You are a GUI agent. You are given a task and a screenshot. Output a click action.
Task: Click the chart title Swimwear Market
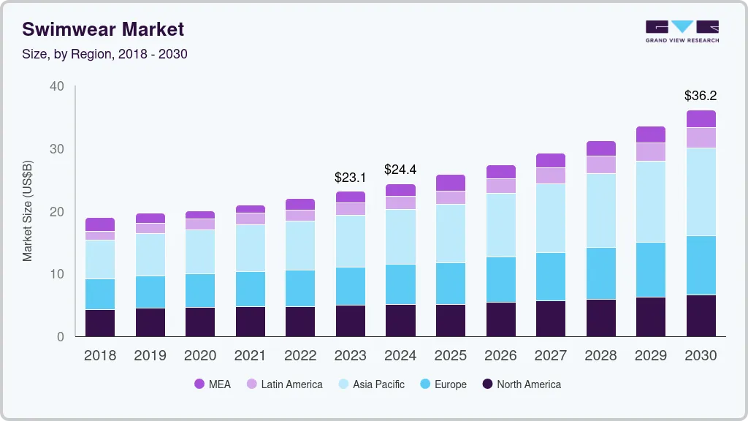point(103,29)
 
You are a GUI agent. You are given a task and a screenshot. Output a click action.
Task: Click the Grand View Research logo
point(682,31)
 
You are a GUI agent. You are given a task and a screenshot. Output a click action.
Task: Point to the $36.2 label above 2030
point(700,96)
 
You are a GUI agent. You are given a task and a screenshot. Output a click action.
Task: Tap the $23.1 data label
point(350,177)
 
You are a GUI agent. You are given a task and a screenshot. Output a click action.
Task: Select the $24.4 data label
point(400,170)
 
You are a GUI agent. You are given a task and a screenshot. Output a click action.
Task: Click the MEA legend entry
point(213,384)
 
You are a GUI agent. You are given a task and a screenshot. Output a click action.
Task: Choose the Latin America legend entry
point(285,384)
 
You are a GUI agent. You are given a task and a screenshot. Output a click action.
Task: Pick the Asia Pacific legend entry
point(371,384)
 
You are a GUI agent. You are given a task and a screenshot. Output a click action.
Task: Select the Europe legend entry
point(443,384)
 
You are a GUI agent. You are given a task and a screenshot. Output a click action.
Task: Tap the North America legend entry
point(522,384)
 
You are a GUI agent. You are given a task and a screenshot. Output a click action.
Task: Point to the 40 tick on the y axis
point(56,86)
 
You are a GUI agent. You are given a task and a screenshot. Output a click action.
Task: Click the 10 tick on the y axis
point(56,274)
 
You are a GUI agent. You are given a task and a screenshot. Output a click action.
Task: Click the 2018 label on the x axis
point(99,356)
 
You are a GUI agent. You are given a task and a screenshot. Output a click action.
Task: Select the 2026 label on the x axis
point(500,356)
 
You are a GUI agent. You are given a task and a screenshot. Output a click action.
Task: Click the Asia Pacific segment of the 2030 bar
point(701,191)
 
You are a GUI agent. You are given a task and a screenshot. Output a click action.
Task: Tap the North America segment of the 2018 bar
point(99,323)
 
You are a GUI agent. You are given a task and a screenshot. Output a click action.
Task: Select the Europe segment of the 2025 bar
point(450,284)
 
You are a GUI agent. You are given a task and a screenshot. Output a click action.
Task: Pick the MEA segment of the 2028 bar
point(600,148)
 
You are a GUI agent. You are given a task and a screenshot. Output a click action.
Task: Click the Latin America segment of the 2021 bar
point(250,219)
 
